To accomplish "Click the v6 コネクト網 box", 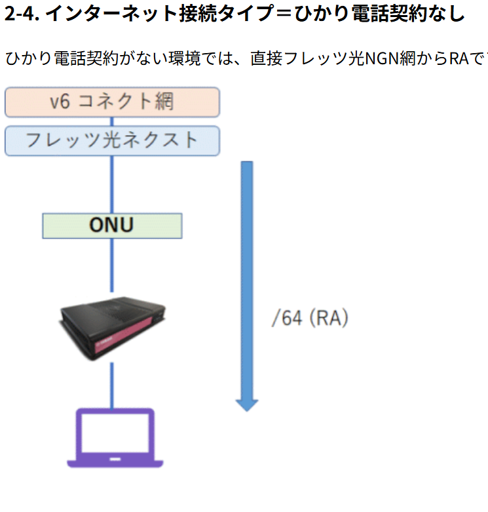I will coord(112,102).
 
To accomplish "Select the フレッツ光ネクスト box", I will coord(112,140).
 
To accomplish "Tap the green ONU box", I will coord(112,226).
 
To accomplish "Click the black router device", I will coord(112,328).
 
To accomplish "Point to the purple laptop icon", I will coord(115,437).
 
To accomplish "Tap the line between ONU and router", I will coord(112,266).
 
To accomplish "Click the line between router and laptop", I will coord(112,384).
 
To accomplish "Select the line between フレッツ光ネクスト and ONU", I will coord(112,184).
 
